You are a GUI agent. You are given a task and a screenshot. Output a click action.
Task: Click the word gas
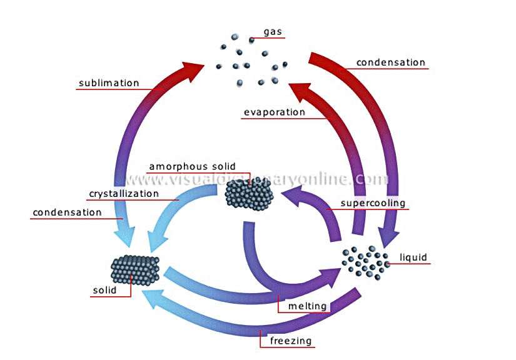273,32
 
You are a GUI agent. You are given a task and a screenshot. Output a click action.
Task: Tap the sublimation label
109,83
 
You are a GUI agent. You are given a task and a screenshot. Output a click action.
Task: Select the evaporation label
275,112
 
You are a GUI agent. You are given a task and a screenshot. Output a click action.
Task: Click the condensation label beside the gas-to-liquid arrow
391,62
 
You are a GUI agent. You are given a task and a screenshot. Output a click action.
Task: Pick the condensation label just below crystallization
67,212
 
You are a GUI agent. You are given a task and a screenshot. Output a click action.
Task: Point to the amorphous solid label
193,167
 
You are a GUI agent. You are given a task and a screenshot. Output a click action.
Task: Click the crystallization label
124,194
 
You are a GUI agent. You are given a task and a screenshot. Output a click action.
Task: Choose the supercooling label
373,203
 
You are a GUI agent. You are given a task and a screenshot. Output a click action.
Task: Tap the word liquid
413,257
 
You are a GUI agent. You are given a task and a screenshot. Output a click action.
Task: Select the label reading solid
104,290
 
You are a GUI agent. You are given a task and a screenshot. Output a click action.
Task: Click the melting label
307,306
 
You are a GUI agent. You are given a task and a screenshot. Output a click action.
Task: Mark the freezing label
291,341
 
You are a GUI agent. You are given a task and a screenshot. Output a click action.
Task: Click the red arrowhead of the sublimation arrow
192,69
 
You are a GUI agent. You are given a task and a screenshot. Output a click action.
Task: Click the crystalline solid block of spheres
135,270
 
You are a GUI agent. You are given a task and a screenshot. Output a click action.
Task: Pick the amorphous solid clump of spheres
249,195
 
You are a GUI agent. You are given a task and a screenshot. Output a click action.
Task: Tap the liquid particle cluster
366,262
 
